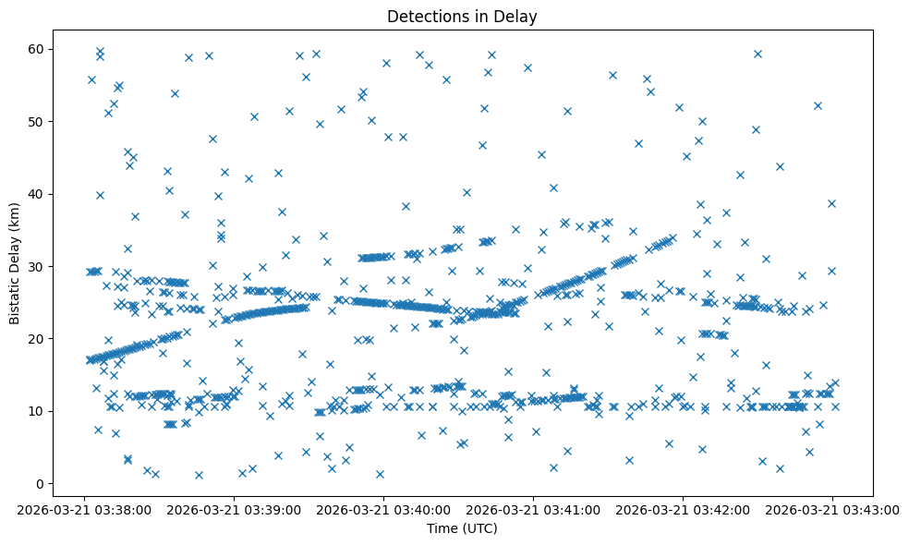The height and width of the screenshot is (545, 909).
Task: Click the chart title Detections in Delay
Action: [x=462, y=16]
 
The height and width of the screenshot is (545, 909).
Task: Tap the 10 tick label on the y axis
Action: [x=40, y=411]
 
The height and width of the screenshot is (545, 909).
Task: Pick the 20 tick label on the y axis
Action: [x=40, y=339]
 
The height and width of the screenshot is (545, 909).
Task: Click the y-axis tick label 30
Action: [x=40, y=266]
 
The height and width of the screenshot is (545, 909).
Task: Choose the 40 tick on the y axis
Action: [x=40, y=194]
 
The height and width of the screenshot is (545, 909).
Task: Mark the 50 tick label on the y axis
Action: [x=40, y=122]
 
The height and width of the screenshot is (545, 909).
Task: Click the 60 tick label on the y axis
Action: [x=40, y=49]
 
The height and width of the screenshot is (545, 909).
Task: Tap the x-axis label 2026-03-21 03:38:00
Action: [x=84, y=509]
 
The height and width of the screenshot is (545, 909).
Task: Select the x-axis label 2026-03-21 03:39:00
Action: [x=234, y=509]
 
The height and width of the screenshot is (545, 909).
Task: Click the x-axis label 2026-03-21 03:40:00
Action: [x=383, y=509]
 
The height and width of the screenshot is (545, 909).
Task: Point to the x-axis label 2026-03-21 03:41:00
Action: [x=533, y=509]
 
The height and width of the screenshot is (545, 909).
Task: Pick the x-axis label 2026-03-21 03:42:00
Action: [x=683, y=509]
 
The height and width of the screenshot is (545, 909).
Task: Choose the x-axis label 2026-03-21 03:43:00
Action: [x=832, y=509]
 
